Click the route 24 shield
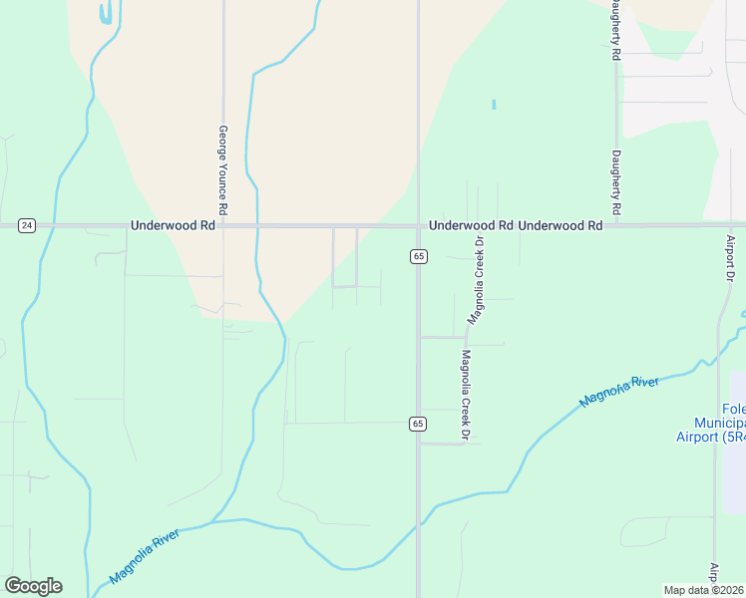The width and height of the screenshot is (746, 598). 27,226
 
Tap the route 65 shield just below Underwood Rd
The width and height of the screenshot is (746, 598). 418,257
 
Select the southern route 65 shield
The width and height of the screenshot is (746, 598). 418,425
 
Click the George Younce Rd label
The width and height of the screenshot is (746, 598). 224,170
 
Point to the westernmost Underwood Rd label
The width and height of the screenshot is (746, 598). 173,226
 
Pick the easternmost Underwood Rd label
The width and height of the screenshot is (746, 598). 560,226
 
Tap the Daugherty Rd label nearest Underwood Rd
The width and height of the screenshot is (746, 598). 617,183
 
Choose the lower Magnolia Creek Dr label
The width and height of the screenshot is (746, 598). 465,396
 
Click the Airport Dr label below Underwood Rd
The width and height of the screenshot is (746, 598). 730,258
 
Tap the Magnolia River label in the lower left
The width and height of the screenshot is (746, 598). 149,559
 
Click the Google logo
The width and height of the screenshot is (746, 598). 33,586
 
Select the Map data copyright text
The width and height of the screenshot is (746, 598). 704,590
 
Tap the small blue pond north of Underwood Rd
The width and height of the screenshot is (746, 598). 494,104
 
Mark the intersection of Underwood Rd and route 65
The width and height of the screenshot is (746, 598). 418,226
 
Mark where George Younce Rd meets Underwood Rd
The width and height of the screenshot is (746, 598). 224,226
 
